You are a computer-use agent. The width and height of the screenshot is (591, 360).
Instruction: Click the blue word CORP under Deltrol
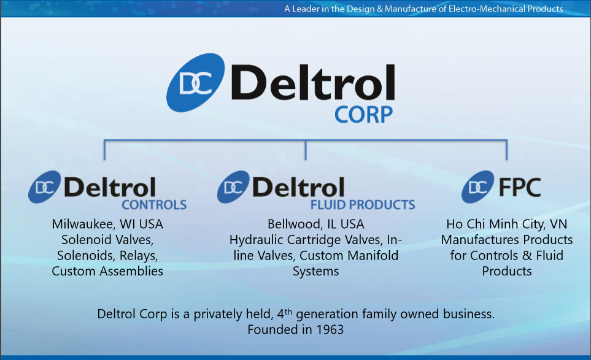pyautogui.click(x=364, y=113)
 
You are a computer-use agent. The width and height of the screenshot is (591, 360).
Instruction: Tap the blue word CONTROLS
pyautogui.click(x=154, y=205)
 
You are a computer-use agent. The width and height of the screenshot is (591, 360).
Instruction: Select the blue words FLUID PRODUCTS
pyautogui.click(x=363, y=205)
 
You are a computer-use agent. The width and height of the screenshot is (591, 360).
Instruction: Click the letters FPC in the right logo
pyautogui.click(x=520, y=187)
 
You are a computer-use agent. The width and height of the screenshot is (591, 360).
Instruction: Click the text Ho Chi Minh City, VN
pyautogui.click(x=507, y=224)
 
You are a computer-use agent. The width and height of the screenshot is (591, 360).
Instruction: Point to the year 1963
pyautogui.click(x=328, y=329)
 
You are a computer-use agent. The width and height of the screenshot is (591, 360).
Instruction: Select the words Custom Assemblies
pyautogui.click(x=107, y=271)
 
